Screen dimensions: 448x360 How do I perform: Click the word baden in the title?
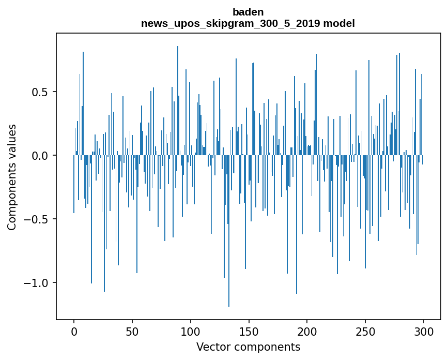pyautogui.click(x=248, y=12)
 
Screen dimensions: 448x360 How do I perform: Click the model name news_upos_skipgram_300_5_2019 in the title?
pyautogui.click(x=230, y=23)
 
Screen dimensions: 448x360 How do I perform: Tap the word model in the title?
pyautogui.click(x=339, y=23)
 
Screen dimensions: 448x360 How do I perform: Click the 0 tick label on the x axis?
pyautogui.click(x=74, y=332)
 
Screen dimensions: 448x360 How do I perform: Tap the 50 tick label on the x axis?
pyautogui.click(x=132, y=332)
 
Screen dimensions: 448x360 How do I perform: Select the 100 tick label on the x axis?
pyautogui.click(x=190, y=332)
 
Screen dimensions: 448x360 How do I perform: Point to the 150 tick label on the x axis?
pyautogui.click(x=249, y=332)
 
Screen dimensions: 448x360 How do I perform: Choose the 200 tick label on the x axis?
pyautogui.click(x=307, y=332)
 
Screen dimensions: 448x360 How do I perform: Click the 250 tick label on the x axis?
pyautogui.click(x=365, y=332)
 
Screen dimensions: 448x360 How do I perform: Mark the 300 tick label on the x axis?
pyautogui.click(x=423, y=332)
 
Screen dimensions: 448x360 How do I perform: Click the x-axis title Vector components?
pyautogui.click(x=248, y=347)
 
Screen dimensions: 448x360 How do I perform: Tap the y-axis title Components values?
pyautogui.click(x=12, y=177)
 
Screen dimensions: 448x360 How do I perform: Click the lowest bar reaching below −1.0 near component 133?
pyautogui.click(x=229, y=231)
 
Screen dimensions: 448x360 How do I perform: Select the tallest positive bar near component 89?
pyautogui.click(x=178, y=101)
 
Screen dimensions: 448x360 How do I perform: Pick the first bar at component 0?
pyautogui.click(x=74, y=184)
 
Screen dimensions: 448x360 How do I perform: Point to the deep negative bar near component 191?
pyautogui.click(x=297, y=224)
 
